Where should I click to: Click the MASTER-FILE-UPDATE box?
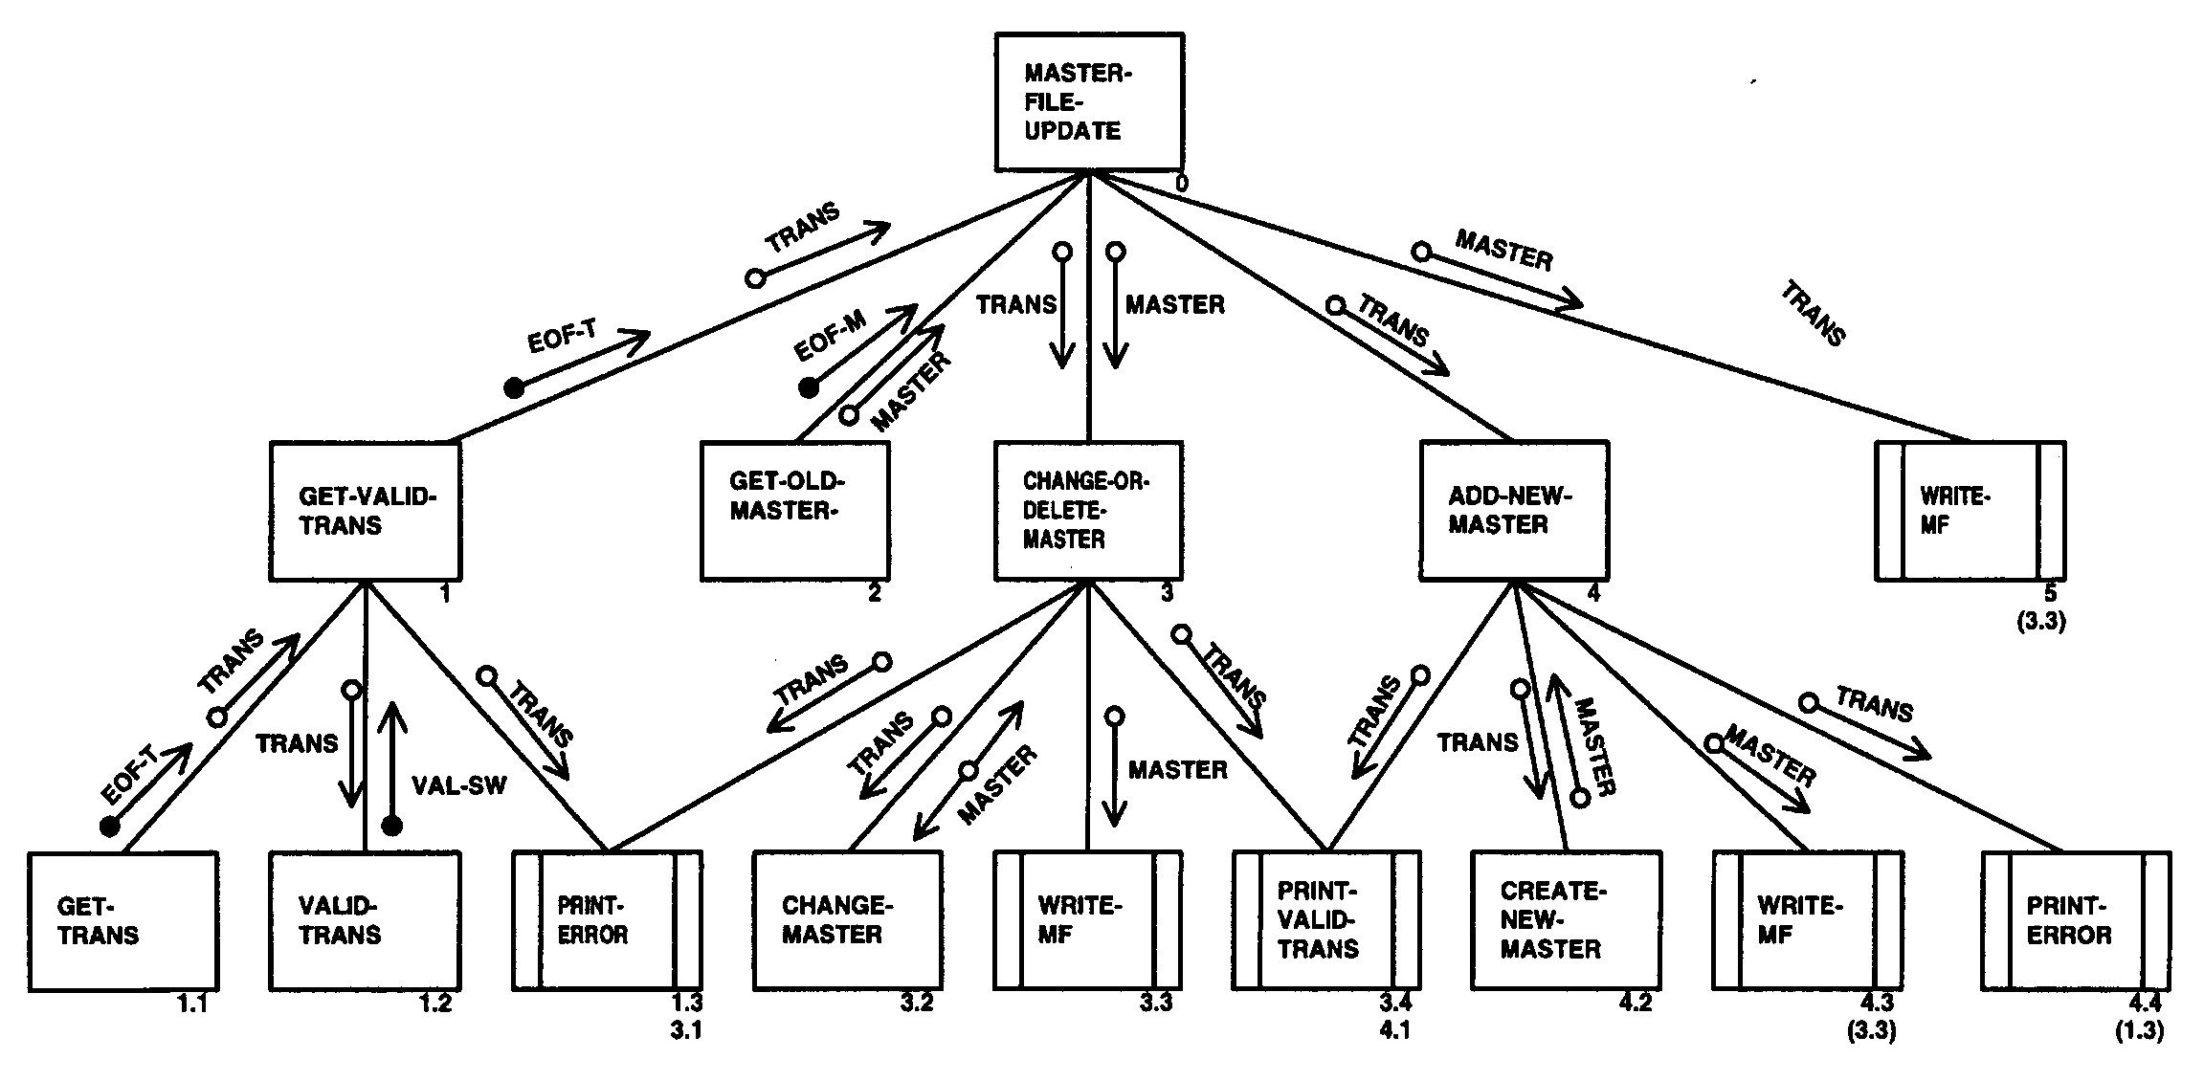1088,102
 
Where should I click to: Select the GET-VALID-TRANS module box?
366,511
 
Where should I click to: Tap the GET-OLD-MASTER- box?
795,511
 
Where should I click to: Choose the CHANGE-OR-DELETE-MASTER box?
1088,511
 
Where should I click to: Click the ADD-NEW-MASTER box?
1514,511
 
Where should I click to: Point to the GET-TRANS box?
123,921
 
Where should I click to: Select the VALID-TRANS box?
366,921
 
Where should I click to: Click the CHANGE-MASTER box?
848,921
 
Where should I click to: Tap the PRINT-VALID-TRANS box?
1326,919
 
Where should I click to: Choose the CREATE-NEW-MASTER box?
1566,919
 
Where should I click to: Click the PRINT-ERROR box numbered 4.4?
2076,921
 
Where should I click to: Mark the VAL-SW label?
458,785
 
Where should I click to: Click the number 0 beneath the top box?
1182,183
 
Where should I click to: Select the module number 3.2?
916,1003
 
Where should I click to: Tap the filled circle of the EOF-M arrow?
809,387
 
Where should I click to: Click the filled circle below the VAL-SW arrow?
390,826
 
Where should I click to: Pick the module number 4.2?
1635,1003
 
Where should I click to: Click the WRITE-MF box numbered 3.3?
1087,919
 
